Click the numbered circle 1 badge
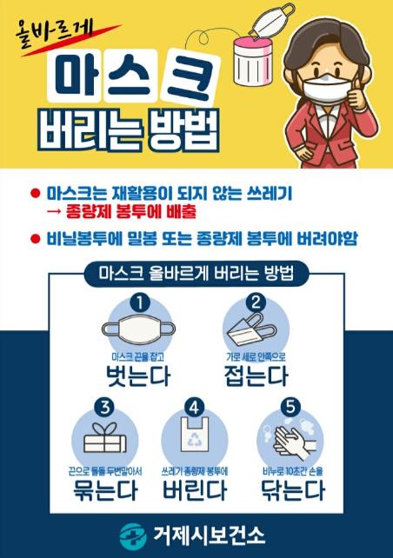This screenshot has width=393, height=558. pos(139,302)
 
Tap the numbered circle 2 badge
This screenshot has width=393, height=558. pos(256,302)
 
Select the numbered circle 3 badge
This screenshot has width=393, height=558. pos(104,408)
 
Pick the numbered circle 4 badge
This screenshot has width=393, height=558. pos(195,408)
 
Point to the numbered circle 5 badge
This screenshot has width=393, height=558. pos(290,407)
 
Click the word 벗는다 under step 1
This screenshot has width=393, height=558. pos(138,376)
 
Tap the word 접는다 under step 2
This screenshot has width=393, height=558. pos(256,376)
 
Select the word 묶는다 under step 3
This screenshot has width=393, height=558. pos(105,489)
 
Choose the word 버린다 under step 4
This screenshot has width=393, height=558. pos(195,489)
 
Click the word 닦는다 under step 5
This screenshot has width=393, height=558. pos(293,489)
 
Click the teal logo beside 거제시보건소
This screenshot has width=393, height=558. pos(133,535)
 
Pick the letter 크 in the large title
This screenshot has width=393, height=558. pos(189,77)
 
